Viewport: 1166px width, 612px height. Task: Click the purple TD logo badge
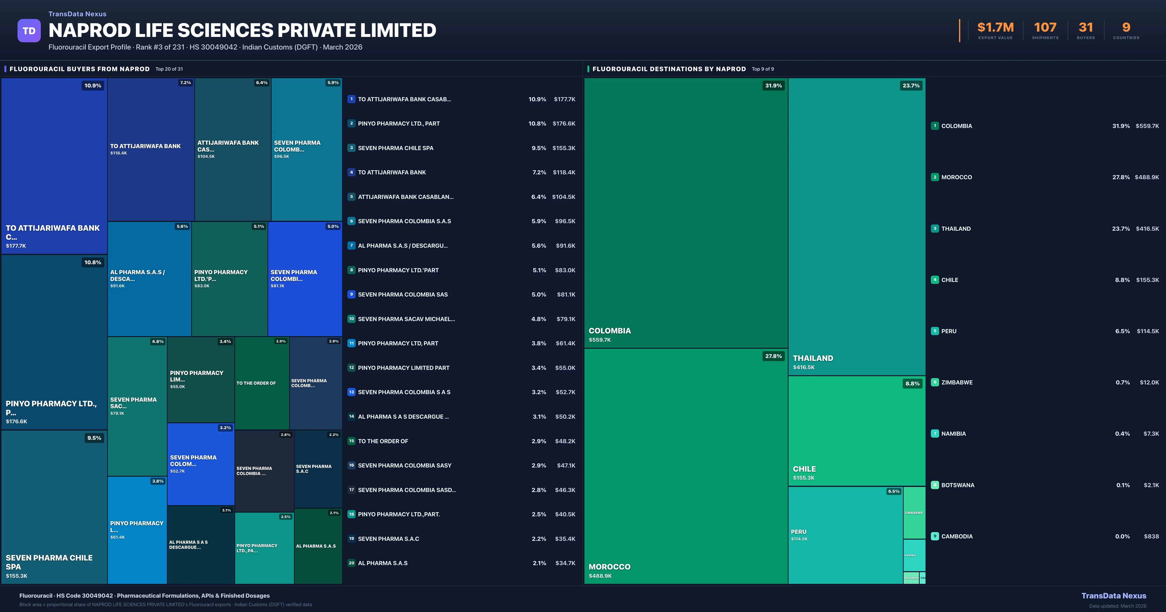[x=29, y=31]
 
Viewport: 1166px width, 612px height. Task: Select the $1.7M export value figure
[x=995, y=28]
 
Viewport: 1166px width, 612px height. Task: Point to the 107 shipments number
[x=1045, y=28]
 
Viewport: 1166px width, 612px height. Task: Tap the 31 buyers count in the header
[x=1085, y=28]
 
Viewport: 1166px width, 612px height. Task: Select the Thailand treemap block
[x=856, y=226]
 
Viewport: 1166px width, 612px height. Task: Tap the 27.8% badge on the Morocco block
[x=773, y=356]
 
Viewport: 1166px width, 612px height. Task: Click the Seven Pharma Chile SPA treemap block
[x=54, y=507]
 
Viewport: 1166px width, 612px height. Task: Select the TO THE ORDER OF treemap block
[x=262, y=383]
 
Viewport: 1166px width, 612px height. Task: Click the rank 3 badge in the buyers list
[x=351, y=148]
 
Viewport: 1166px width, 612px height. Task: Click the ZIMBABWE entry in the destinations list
[x=956, y=382]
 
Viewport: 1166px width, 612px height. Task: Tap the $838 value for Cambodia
[x=1151, y=536]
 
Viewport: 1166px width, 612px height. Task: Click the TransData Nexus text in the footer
[x=1114, y=596]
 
